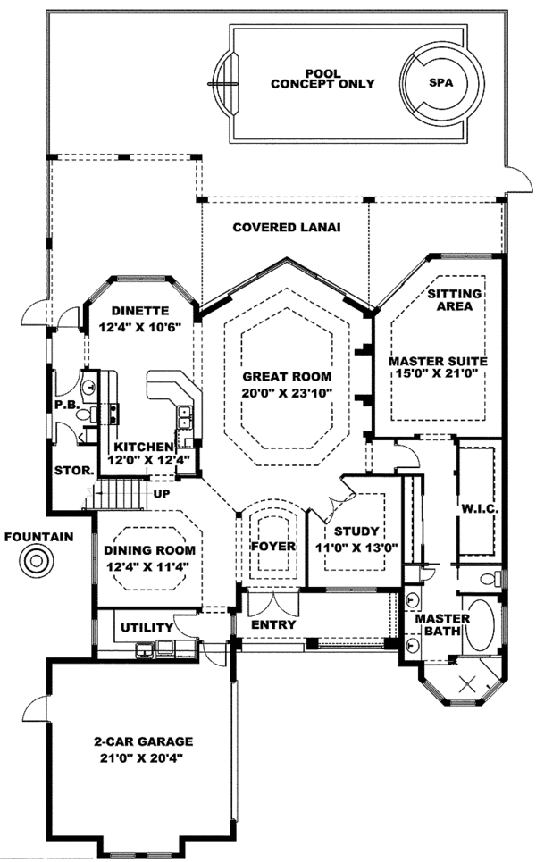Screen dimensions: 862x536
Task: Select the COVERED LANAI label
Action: click(x=287, y=227)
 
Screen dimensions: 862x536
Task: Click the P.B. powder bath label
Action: click(x=65, y=404)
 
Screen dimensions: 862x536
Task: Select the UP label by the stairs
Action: click(x=162, y=492)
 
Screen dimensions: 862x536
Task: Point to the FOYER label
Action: click(x=272, y=546)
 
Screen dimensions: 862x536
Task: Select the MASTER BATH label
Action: click(x=437, y=623)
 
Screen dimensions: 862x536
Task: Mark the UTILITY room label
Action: click(x=146, y=628)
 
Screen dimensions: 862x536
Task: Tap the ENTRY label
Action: click(x=272, y=624)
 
